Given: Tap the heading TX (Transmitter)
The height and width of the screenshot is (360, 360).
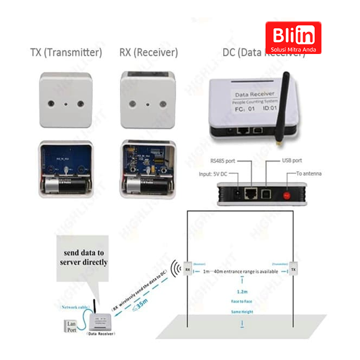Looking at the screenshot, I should pos(66,53).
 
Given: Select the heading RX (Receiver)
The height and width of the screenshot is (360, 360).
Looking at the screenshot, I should pos(149,53).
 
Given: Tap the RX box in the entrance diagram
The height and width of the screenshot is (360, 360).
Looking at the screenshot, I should pos(187,269).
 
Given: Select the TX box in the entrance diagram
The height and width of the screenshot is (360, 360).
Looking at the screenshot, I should pos(293,269).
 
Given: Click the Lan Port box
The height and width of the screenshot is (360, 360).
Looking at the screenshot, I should pos(71,326).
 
